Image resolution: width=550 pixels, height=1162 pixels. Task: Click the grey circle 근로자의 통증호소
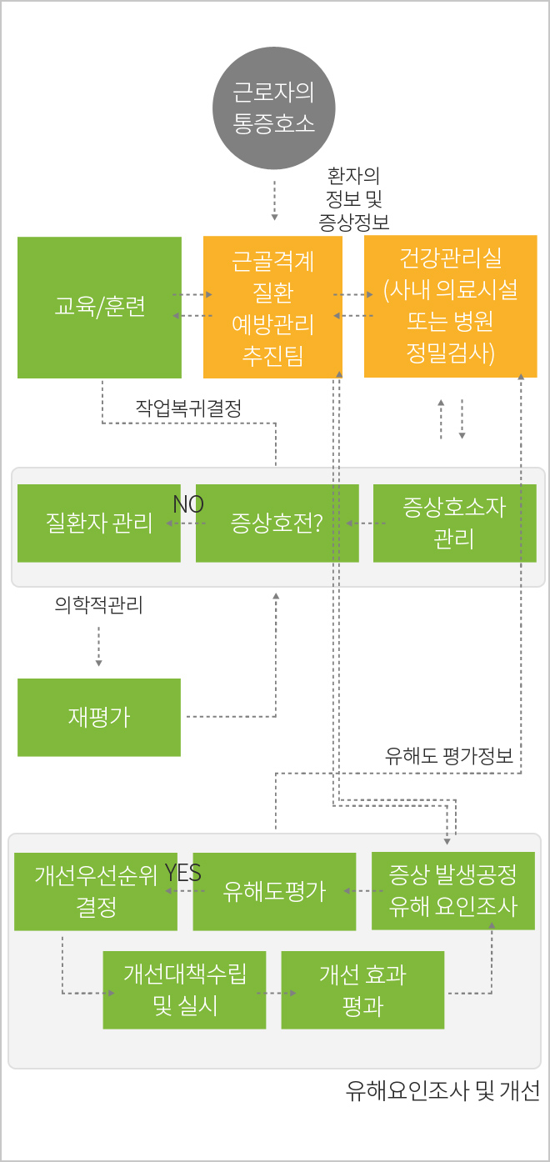coord(273,108)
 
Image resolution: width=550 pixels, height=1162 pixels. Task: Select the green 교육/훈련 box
coord(99,308)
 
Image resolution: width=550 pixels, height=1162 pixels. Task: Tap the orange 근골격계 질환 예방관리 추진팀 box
coord(272,307)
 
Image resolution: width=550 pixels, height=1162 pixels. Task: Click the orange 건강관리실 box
coord(451,306)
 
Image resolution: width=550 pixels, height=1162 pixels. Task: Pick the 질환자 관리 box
coord(99,523)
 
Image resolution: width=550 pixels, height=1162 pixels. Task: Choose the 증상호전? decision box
coord(277,523)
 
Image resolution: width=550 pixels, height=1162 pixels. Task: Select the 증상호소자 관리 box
coord(455,523)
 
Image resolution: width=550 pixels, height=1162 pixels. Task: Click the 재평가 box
coord(99,717)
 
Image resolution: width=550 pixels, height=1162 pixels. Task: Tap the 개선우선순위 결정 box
coord(96,891)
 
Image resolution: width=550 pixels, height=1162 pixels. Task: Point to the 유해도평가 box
coord(274,891)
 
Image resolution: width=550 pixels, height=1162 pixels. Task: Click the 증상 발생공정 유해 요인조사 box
coord(453,891)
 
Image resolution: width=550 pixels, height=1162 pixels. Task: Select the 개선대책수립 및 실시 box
coord(184,989)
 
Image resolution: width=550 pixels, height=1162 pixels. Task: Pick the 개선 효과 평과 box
coord(362,989)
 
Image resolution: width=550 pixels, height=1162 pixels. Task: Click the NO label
coord(188,504)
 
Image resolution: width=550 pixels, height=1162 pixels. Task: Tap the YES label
coord(183,873)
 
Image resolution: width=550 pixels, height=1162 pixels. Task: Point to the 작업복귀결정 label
coord(188,408)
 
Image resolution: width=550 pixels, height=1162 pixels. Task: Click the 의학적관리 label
coord(98,604)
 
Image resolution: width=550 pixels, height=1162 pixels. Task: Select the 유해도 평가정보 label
coord(449,756)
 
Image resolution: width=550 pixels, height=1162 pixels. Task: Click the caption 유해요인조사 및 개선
coord(443,1090)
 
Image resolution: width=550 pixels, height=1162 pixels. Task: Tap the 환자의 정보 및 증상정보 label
coord(354,198)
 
